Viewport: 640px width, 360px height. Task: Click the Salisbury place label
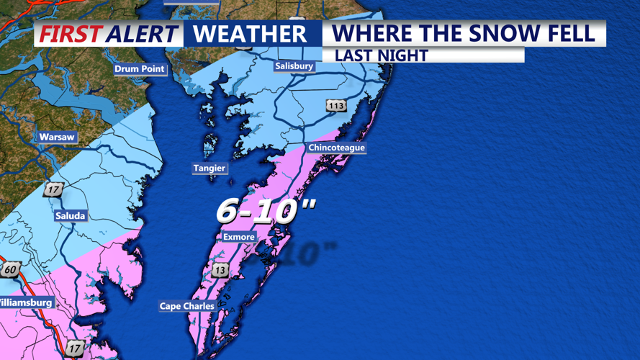(294, 66)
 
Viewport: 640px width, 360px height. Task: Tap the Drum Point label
(140, 69)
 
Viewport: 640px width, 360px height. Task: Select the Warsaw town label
(57, 137)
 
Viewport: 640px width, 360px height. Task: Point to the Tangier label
(209, 168)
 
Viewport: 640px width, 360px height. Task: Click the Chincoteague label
(336, 148)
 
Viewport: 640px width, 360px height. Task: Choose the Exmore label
(238, 237)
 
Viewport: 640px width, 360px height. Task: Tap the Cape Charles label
(187, 306)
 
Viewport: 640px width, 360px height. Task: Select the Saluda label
(70, 216)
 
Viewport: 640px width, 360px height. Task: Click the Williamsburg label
(27, 303)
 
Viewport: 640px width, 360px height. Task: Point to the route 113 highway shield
(336, 106)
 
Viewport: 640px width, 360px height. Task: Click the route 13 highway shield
(220, 270)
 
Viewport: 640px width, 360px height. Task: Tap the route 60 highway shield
(10, 269)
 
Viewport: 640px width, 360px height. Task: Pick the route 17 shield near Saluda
(53, 190)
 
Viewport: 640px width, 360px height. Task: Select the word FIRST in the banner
(70, 34)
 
